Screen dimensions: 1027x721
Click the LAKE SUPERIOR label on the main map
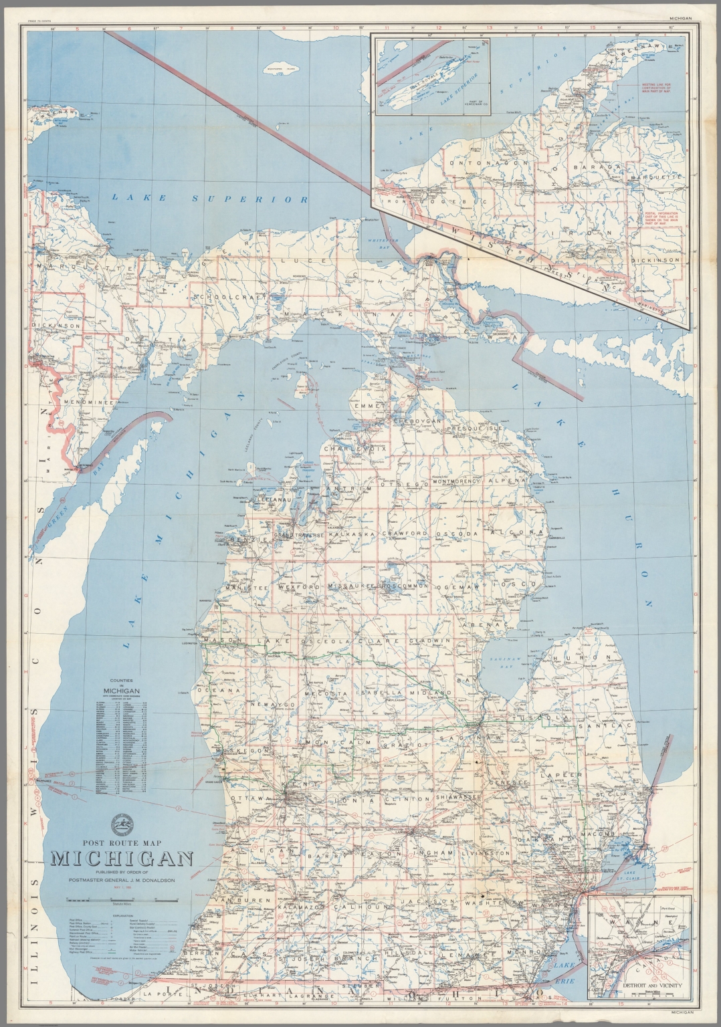(x=209, y=199)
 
